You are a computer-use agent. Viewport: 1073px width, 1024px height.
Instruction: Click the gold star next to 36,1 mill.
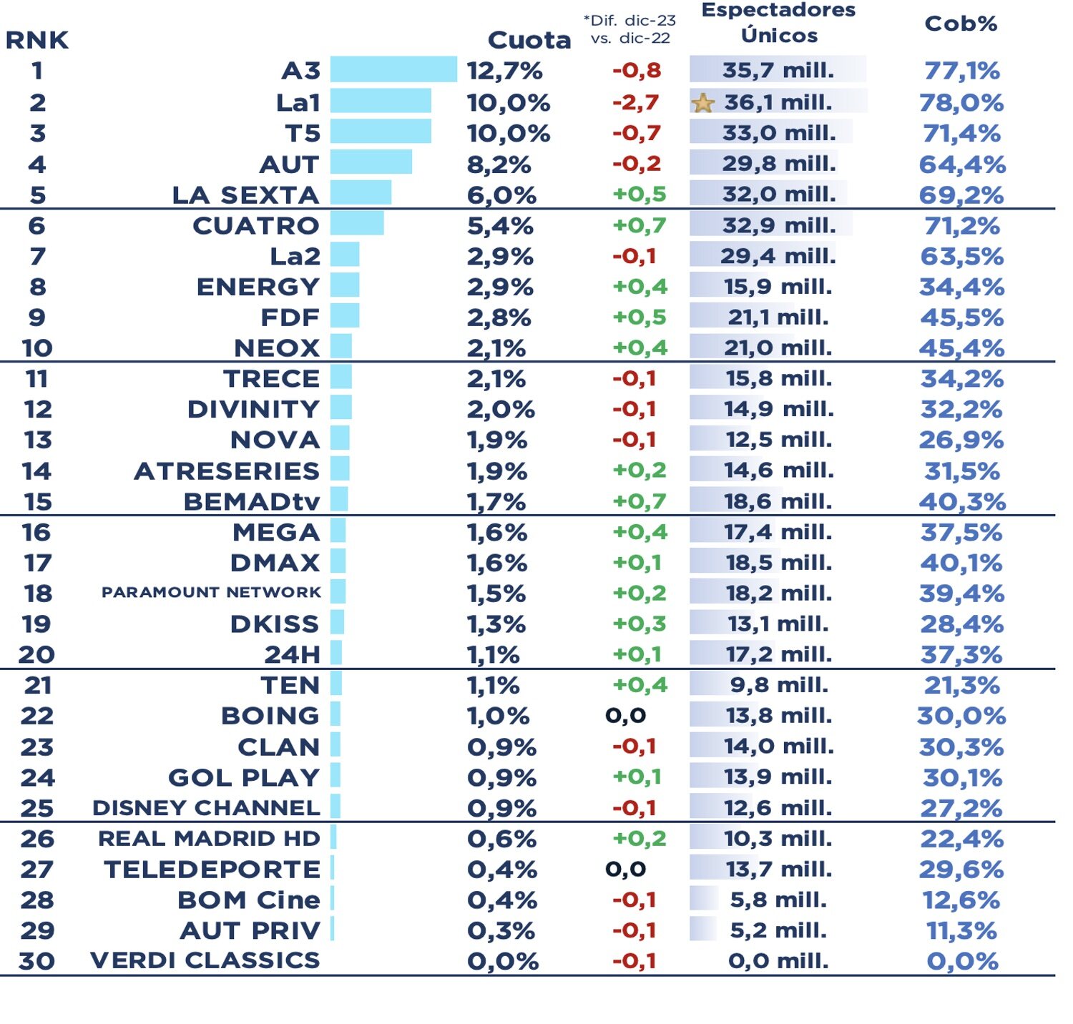[x=703, y=103]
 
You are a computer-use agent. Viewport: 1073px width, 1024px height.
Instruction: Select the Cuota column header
[x=529, y=40]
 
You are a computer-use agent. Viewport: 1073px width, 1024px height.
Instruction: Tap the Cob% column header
[x=961, y=24]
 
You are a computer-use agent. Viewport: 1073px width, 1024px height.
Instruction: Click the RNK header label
[x=37, y=40]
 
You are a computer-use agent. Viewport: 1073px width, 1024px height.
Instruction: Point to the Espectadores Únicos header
[x=778, y=23]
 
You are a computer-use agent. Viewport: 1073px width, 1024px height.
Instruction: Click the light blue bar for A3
[x=393, y=70]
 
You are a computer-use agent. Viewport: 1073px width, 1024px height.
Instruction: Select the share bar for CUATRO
[x=357, y=224]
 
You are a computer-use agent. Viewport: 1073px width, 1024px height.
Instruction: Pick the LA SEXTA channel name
[x=245, y=195]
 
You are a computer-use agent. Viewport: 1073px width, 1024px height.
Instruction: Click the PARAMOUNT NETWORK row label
[x=211, y=592]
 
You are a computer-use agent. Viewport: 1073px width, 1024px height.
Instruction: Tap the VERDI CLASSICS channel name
[x=205, y=960]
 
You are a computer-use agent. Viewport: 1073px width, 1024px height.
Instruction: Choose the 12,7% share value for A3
[x=504, y=71]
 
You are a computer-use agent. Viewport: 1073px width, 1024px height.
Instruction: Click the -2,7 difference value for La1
[x=635, y=102]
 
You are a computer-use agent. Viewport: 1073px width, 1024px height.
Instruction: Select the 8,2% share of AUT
[x=499, y=164]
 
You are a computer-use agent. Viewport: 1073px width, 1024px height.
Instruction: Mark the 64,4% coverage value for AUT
[x=962, y=164]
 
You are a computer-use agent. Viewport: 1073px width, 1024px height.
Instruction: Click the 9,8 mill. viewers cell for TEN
[x=778, y=685]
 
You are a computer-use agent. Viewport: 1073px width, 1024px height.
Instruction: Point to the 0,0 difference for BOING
[x=625, y=715]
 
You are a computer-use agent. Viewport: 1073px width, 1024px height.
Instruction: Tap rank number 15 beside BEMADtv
[x=37, y=501]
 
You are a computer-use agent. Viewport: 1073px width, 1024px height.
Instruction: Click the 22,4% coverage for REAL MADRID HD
[x=962, y=838]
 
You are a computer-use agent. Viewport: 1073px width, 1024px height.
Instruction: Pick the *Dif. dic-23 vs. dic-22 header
[x=629, y=29]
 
